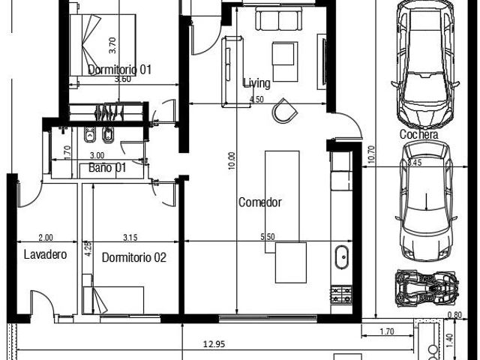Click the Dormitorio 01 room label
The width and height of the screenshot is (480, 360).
[119, 70]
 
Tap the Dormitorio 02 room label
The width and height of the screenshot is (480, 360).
[133, 257]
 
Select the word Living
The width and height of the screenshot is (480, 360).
[256, 83]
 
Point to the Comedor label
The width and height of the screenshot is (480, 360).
[260, 202]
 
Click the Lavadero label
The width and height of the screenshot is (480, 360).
[45, 254]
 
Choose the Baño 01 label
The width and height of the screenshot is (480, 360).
[107, 167]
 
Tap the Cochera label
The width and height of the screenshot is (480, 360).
[418, 134]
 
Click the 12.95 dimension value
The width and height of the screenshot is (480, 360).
[214, 344]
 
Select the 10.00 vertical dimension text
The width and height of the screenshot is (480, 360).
[232, 160]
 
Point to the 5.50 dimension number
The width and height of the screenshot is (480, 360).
[268, 237]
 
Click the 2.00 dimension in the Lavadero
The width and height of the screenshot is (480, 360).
[46, 237]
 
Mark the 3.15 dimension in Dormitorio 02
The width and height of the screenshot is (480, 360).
[130, 237]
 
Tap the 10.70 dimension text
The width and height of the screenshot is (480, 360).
[370, 154]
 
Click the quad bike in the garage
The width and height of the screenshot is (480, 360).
[427, 288]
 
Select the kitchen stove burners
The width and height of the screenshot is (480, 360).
[341, 294]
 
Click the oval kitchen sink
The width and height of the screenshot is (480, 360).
[341, 257]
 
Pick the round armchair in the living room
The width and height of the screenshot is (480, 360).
[284, 111]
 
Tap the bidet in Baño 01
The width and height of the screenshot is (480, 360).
[108, 135]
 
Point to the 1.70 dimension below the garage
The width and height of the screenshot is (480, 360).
[387, 331]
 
